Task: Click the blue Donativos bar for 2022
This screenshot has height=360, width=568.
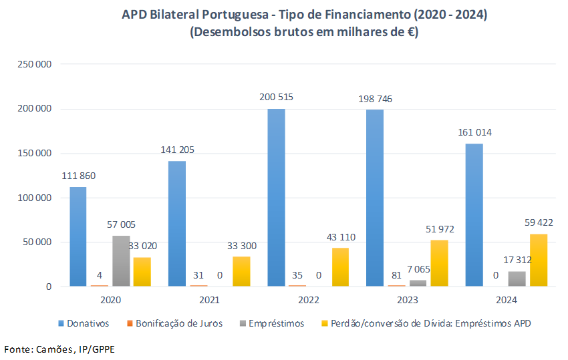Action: pyautogui.click(x=276, y=198)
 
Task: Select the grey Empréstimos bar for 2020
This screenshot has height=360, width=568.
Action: pyautogui.click(x=121, y=261)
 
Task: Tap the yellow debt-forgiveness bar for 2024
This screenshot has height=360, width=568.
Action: pyautogui.click(x=539, y=260)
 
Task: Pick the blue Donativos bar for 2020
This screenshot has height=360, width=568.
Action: pyautogui.click(x=78, y=236)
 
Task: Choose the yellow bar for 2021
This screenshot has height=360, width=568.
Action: pyautogui.click(x=241, y=271)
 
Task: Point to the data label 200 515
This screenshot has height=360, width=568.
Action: pyautogui.click(x=276, y=97)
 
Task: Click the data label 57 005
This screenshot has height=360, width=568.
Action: pyautogui.click(x=121, y=225)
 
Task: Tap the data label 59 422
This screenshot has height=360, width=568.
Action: pyautogui.click(x=539, y=222)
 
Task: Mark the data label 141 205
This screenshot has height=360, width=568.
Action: pyautogui.click(x=177, y=150)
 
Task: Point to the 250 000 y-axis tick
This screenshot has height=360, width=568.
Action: pyautogui.click(x=35, y=64)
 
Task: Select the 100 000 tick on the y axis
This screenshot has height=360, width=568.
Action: pyautogui.click(x=35, y=198)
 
